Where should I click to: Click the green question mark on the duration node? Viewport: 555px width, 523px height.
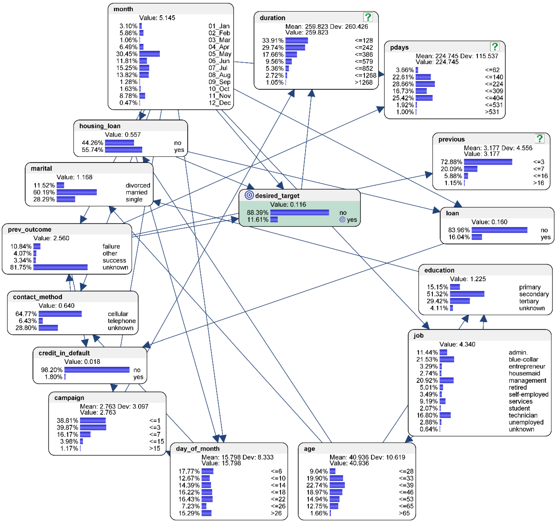368,17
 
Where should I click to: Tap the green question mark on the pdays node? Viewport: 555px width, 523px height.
495,46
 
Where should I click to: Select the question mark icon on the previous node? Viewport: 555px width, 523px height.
540,139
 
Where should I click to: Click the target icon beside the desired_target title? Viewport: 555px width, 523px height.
249,195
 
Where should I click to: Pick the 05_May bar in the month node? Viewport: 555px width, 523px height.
149,54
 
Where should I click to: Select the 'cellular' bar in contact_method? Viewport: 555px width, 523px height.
60,314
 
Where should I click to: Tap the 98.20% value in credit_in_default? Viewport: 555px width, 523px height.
52,370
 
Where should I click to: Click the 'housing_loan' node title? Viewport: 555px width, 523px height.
100,126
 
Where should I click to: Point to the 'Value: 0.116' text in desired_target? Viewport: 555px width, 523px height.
288,204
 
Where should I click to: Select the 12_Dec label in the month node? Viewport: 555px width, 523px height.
219,103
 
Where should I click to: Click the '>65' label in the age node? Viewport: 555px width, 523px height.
404,513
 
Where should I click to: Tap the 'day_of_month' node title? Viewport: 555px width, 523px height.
198,449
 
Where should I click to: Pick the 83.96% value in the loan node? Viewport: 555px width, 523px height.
459,230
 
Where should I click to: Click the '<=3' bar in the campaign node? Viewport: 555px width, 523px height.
93,427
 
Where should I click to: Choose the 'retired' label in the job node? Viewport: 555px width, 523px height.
518,387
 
